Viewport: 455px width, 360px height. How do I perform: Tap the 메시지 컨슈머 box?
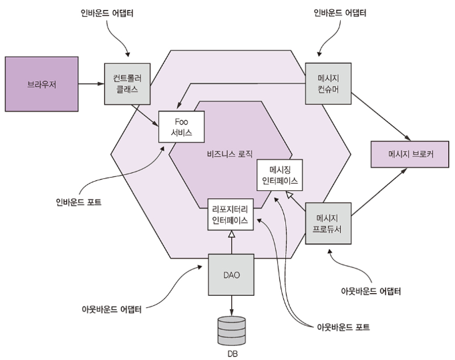coord(328,84)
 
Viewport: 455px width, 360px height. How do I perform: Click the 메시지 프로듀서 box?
coord(327,224)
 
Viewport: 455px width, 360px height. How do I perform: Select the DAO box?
coord(231,275)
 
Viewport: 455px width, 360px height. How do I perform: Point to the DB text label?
coord(231,353)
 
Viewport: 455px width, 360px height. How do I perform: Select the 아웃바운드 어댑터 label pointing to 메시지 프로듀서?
coord(372,291)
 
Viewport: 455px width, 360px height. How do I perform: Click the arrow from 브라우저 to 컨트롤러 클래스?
coord(91,84)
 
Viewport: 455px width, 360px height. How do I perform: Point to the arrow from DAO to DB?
coord(231,306)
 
